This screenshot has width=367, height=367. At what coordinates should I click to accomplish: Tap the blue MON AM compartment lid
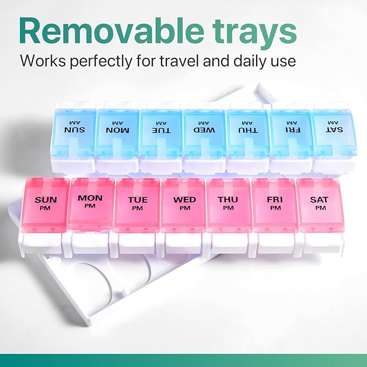click(x=117, y=132)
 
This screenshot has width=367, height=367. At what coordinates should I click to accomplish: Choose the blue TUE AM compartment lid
click(x=161, y=132)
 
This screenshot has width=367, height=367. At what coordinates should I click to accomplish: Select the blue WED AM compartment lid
click(x=204, y=132)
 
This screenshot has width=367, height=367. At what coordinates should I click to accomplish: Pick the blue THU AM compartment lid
click(x=247, y=132)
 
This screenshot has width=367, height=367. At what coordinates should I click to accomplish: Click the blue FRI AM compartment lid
click(x=290, y=132)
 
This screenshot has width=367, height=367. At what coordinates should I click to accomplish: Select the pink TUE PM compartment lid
click(x=137, y=204)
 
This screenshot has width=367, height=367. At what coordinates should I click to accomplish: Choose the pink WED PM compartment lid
click(x=184, y=204)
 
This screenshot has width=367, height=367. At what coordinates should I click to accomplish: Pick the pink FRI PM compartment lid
click(x=275, y=204)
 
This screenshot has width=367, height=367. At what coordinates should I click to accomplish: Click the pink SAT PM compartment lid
click(x=320, y=204)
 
